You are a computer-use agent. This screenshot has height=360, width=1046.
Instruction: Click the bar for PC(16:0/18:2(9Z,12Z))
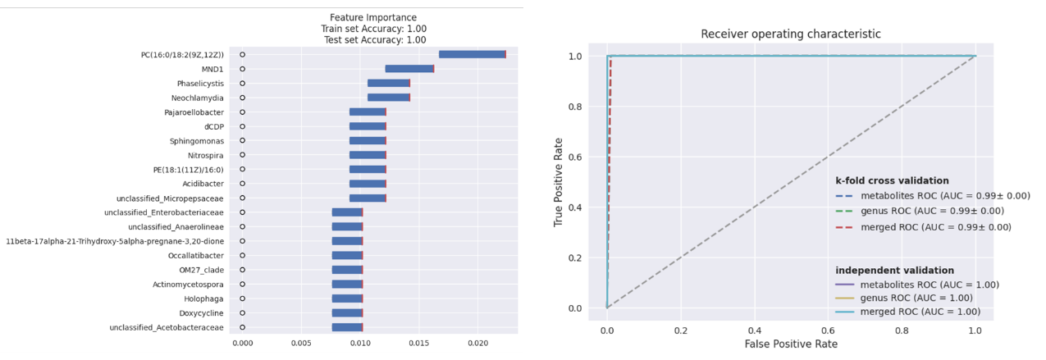coord(472,54)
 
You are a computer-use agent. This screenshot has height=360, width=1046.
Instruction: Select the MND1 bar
coord(409,69)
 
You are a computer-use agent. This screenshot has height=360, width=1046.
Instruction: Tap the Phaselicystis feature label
coord(200,84)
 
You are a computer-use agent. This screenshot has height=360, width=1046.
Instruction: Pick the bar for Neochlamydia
coord(389,98)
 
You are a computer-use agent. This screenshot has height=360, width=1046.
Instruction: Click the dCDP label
coord(213,126)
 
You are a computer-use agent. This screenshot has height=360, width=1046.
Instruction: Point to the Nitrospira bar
coord(368,155)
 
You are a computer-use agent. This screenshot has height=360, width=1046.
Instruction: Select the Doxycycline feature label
coord(201,313)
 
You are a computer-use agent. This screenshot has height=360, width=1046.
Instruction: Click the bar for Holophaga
coord(347,298)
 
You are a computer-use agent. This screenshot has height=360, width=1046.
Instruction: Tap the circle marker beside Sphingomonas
coord(242,141)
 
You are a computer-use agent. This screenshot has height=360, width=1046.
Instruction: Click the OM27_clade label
coord(201,270)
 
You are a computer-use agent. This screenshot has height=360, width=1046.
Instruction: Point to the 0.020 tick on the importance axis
coord(477,342)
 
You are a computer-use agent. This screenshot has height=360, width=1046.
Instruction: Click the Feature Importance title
coord(373,17)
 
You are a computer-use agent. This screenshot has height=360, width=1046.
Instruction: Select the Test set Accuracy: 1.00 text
coord(373,39)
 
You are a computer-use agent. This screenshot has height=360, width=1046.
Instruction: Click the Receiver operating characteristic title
coord(791,34)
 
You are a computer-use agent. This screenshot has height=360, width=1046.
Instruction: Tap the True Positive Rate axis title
coord(559,182)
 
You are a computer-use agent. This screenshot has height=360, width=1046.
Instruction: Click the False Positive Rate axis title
coord(791,344)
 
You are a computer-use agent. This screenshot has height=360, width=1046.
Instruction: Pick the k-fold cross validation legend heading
coord(892,180)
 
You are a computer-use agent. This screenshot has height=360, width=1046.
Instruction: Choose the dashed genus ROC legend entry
coord(919,212)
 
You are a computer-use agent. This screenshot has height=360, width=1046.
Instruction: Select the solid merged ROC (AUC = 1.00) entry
coord(919,312)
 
